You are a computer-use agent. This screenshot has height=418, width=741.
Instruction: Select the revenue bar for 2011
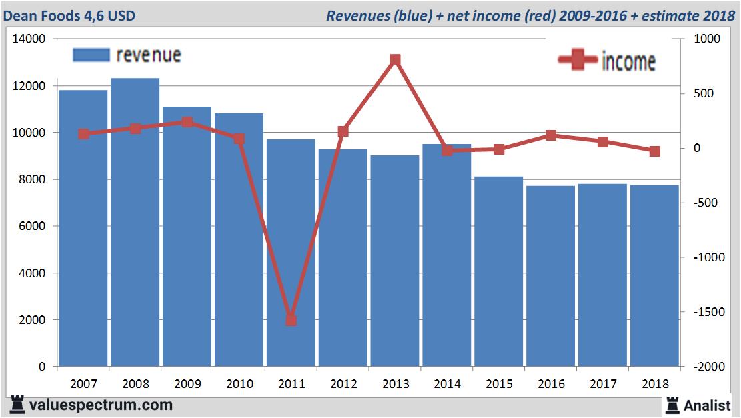pyautogui.click(x=291, y=253)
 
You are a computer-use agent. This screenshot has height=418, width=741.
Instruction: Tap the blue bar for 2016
pyautogui.click(x=550, y=276)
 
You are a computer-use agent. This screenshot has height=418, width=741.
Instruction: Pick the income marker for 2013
pyautogui.click(x=395, y=60)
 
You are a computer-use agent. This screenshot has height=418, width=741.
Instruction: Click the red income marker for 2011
pyautogui.click(x=291, y=320)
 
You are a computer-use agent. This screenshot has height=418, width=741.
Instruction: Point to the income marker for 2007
pyautogui.click(x=83, y=134)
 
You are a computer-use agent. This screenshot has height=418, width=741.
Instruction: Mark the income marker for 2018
pyautogui.click(x=654, y=151)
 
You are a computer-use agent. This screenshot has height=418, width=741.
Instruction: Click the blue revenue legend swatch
pyautogui.click(x=90, y=55)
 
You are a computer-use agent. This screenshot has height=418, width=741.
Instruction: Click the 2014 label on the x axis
pyautogui.click(x=447, y=384)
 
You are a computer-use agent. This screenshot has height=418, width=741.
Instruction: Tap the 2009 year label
pyautogui.click(x=187, y=384)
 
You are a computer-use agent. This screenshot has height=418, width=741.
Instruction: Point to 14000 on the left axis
pyautogui.click(x=29, y=39)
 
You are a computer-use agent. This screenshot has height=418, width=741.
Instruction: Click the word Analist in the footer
pyautogui.click(x=706, y=405)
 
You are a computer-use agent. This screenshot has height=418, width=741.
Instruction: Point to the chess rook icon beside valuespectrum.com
pyautogui.click(x=18, y=405)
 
